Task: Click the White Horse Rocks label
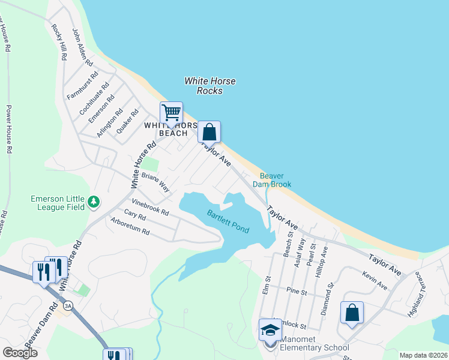coord(209,86)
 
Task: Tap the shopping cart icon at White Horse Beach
coord(171,113)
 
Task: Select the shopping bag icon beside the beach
coord(209,131)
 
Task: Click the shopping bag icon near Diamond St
coord(352,312)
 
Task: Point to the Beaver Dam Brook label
coord(276,180)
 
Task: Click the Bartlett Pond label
coord(228,221)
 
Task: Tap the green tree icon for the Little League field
coord(94,202)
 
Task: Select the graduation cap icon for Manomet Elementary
coord(270,329)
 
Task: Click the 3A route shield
coord(68,305)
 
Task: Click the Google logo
coord(20,353)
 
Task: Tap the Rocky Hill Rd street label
coord(58,42)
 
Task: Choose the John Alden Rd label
coord(82,47)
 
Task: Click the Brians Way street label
coord(155,183)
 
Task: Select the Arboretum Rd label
coord(130,226)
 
